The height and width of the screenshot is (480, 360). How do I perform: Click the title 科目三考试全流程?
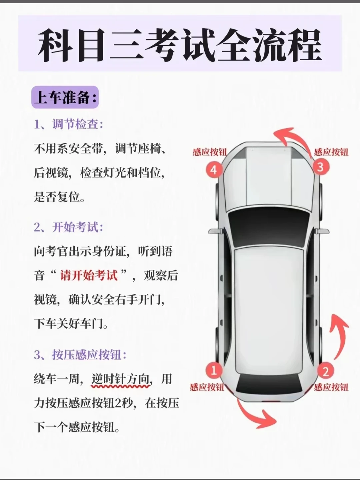pyautogui.click(x=180, y=45)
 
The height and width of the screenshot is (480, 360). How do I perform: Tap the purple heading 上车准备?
pyautogui.click(x=65, y=98)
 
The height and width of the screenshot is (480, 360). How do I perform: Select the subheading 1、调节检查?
pyautogui.click(x=68, y=124)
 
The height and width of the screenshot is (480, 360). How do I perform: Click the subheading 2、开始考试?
pyautogui.click(x=68, y=227)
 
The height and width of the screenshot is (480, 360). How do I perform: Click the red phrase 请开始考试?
pyautogui.click(x=89, y=276)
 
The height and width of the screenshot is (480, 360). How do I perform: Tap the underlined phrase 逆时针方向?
pyautogui.click(x=120, y=379)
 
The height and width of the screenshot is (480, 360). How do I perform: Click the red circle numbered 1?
pyautogui.click(x=214, y=370)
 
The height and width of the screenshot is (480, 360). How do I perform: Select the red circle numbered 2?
pyautogui.click(x=325, y=371)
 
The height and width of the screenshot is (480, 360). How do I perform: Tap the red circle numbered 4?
pyautogui.click(x=214, y=170)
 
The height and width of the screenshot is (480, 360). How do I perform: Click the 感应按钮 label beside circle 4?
pyautogui.click(x=210, y=152)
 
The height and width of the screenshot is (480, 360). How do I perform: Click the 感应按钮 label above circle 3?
pyautogui.click(x=331, y=152)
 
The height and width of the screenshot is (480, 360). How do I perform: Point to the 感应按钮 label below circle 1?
pyautogui.click(x=207, y=387)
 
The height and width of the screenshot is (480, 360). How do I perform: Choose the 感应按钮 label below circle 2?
pyautogui.click(x=331, y=387)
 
